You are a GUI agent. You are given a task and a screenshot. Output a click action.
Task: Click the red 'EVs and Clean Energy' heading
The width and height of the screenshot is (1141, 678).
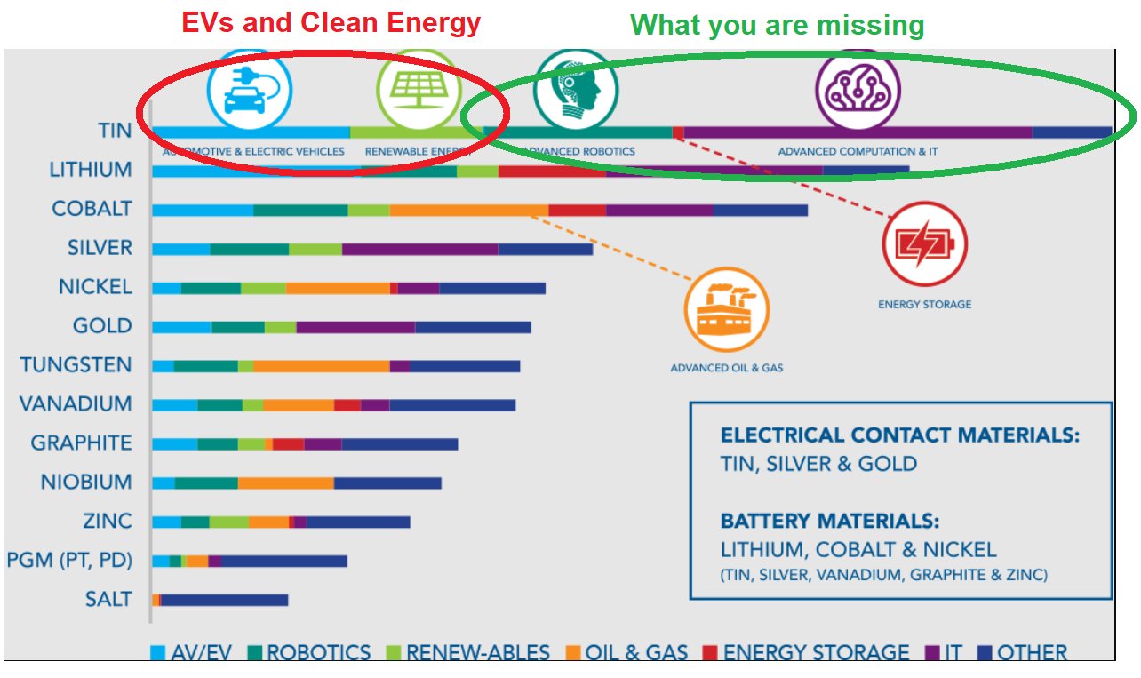[x=331, y=22]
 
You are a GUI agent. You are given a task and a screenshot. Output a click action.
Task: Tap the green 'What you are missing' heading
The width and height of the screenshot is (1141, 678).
[x=778, y=25]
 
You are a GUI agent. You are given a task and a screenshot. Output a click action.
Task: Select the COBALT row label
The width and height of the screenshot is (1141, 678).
[x=92, y=209]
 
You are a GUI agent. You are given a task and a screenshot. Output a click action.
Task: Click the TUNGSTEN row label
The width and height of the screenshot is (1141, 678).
[x=76, y=365]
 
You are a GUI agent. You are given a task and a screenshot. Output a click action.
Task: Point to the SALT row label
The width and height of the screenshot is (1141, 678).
[x=108, y=600]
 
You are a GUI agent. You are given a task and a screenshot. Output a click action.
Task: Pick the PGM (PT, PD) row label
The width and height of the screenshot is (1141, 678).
[x=69, y=561]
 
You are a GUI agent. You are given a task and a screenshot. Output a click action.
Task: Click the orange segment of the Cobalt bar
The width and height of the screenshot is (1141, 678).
[x=468, y=211]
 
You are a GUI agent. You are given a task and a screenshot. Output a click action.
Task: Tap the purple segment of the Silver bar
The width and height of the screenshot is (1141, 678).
[x=419, y=250]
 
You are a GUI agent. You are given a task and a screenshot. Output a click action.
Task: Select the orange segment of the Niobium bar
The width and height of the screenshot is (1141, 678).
[x=285, y=483]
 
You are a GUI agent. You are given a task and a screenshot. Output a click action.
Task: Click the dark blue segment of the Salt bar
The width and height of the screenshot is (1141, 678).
[x=224, y=601]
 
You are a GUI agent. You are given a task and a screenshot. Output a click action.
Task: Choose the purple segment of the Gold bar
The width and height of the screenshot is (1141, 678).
[x=355, y=328]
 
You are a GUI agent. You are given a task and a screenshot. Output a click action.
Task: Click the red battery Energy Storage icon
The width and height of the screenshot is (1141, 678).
[x=924, y=244]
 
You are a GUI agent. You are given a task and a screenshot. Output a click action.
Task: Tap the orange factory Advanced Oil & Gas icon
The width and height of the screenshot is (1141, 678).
[x=726, y=310]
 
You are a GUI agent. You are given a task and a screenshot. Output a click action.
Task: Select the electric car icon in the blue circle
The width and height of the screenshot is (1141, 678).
[x=249, y=91]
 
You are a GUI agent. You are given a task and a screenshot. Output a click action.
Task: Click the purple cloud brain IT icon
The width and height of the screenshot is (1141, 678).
[x=858, y=91]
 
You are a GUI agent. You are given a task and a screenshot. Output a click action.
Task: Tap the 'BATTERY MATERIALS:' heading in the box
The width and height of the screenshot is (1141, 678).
[x=829, y=521]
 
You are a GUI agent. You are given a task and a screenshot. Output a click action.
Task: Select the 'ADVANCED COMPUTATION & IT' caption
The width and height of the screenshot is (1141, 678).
[x=858, y=152]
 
